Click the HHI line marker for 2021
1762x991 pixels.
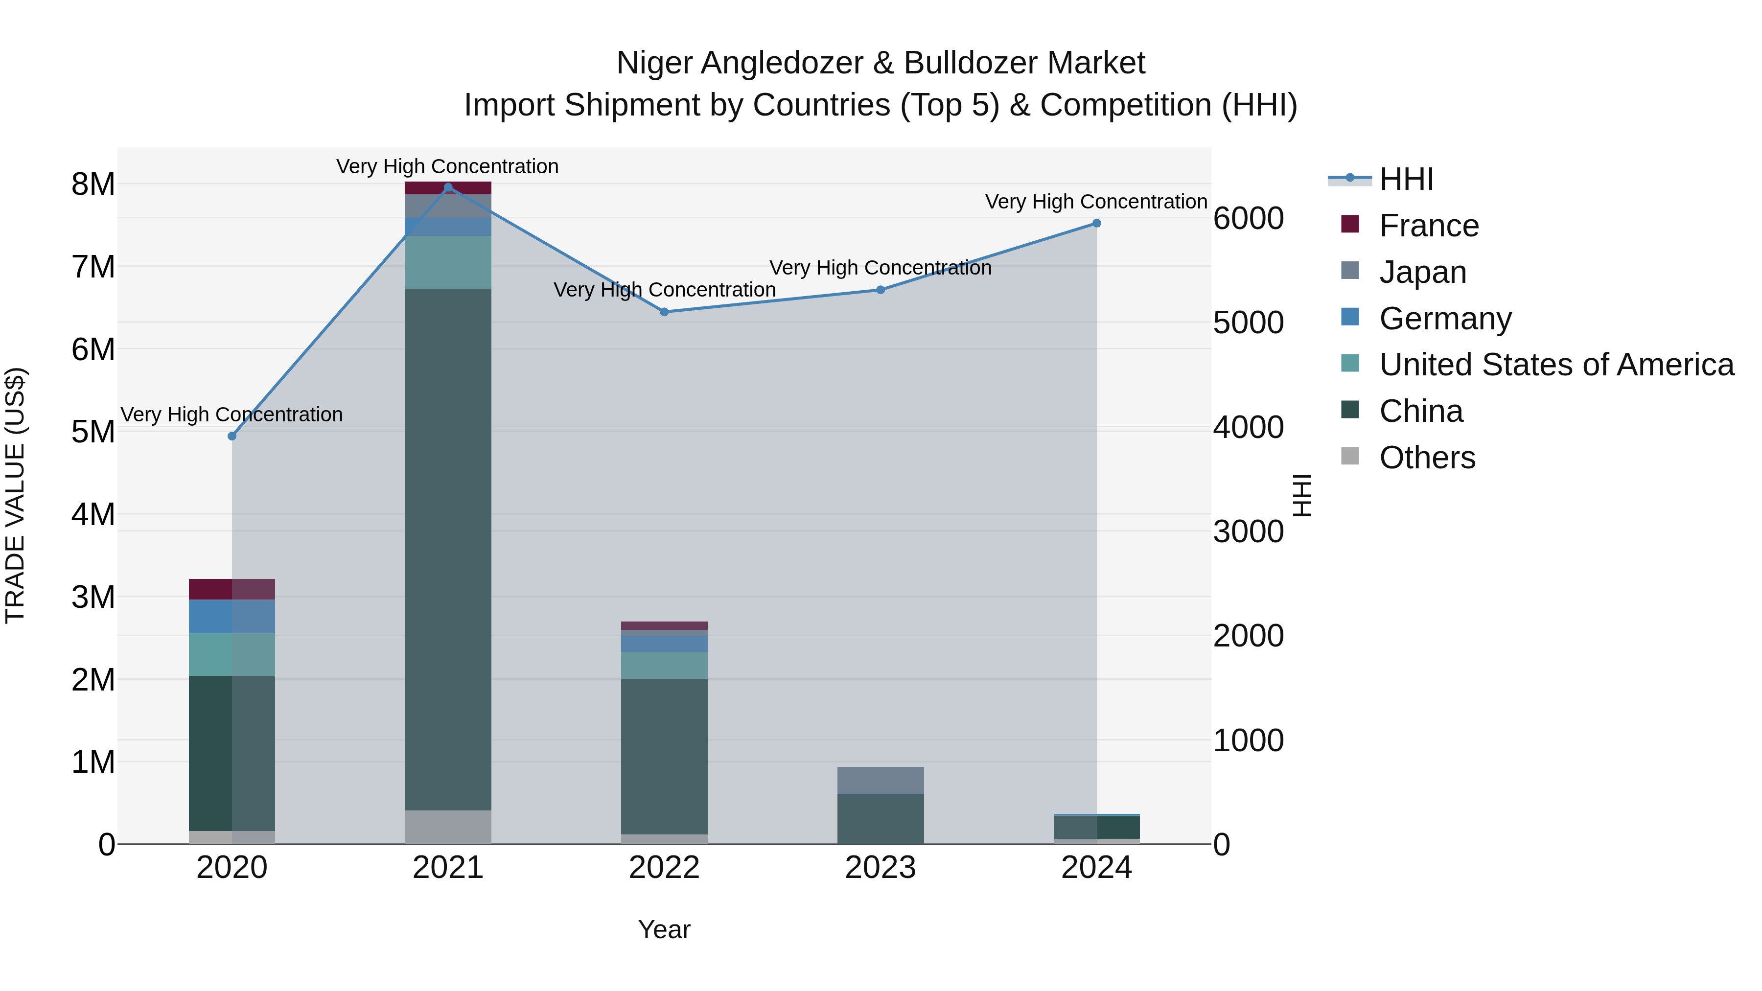pos(448,187)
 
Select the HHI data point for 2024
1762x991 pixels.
pos(1096,223)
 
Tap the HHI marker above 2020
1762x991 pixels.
pos(232,437)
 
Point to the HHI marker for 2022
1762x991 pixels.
pos(664,312)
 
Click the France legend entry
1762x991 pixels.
pos(1428,226)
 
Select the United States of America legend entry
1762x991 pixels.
pos(1556,365)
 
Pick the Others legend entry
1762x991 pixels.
pos(1427,458)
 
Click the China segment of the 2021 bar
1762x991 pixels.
pos(448,547)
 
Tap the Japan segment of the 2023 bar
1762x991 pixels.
pos(881,781)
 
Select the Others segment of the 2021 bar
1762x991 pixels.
pos(448,827)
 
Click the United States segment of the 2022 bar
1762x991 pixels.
pos(664,665)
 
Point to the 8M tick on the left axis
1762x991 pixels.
pos(93,184)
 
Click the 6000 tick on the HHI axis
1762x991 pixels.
pos(1248,219)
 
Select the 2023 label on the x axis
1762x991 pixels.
pos(881,868)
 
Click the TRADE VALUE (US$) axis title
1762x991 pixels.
pos(15,496)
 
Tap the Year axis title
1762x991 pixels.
pos(664,929)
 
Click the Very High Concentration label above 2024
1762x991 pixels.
pos(1096,202)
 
